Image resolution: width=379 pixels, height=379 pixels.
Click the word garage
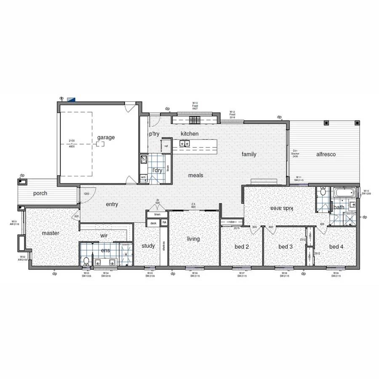106,137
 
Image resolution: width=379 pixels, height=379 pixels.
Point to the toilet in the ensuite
86,261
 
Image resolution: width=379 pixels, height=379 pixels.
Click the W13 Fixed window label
195,106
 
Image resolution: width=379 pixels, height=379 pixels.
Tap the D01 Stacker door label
295,153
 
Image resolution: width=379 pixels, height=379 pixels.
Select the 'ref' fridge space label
166,146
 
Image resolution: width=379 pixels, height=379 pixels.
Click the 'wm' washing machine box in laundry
143,177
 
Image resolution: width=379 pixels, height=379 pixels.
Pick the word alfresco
326,154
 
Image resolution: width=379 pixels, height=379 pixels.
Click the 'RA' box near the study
164,222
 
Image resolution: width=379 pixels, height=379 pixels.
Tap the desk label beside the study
153,223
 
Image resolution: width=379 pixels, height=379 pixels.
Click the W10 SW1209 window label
366,192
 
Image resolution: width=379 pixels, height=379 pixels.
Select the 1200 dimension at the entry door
86,194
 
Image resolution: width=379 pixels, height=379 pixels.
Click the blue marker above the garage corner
71,99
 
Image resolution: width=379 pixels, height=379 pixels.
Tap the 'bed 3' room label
286,246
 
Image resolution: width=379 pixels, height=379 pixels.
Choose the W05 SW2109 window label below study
150,274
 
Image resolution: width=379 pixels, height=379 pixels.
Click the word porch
40,194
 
